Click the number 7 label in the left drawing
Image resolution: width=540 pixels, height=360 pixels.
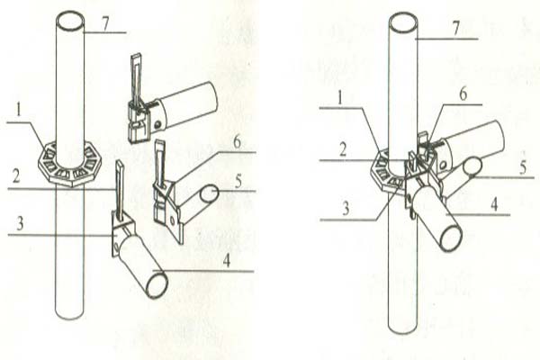pos(105,23)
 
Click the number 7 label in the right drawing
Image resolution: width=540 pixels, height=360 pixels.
pos(456,29)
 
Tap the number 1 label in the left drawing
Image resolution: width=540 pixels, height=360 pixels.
pos(19,111)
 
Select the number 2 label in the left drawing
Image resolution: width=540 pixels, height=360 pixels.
pos(15,177)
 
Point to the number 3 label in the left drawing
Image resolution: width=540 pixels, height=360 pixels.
pos(20,223)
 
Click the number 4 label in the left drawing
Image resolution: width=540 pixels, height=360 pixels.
pos(226,260)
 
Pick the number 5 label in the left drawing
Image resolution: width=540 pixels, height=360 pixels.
pos(238,182)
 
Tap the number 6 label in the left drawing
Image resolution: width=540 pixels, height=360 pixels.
pos(237,142)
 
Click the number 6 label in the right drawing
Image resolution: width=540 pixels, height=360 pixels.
pos(463,94)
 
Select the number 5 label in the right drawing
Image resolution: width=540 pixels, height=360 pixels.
pos(523,167)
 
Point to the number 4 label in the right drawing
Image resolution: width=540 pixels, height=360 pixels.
pos(494,204)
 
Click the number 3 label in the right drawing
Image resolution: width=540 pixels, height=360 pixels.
pos(346,208)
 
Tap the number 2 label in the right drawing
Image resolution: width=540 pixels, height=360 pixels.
pos(342,150)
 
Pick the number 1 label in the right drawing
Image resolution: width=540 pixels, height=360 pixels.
pos(340,98)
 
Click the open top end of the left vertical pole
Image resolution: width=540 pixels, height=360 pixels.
pos(70,22)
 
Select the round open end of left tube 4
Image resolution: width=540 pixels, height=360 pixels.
pos(157,285)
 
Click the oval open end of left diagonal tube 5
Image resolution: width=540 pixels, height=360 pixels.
pos(209,193)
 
